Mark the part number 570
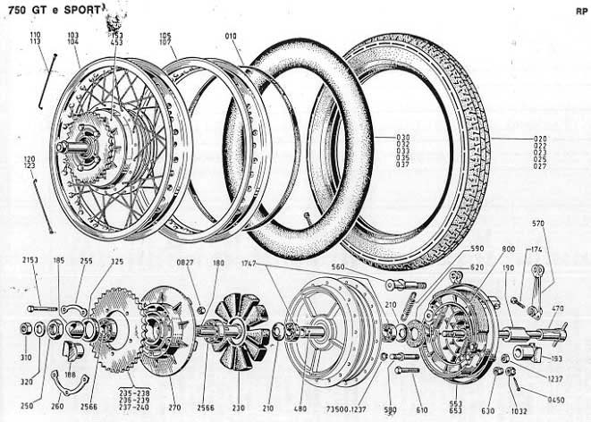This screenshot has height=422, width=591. point(538,223)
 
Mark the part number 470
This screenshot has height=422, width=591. point(557,309)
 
